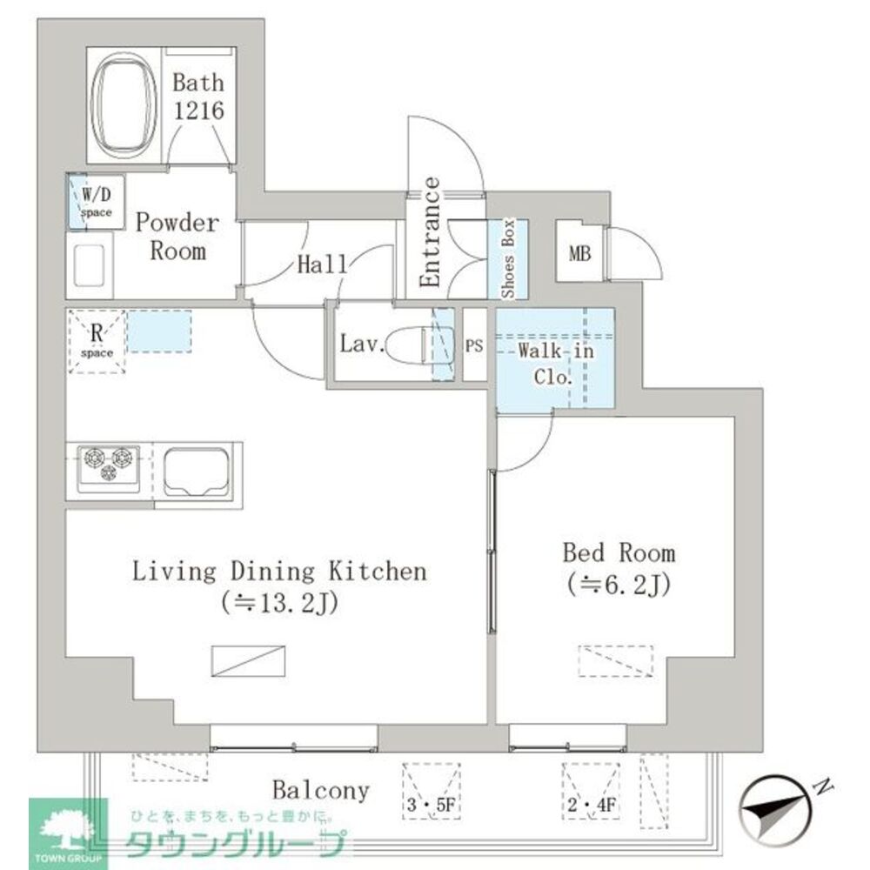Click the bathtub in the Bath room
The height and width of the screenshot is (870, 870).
point(127,107)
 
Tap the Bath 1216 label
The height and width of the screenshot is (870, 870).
point(197,97)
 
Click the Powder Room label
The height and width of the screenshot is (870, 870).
point(177,237)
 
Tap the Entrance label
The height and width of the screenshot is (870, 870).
point(429,232)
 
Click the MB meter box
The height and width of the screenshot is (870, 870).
point(579,254)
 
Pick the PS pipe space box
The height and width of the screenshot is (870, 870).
point(474,345)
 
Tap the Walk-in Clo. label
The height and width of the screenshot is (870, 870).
point(545,365)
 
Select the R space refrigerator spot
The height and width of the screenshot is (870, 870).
point(97,342)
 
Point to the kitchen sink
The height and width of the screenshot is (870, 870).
point(197,471)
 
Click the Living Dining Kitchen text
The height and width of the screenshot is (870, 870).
point(279,572)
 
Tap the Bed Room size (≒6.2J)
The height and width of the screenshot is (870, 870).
point(617,584)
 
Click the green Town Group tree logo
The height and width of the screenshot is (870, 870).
point(68,831)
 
